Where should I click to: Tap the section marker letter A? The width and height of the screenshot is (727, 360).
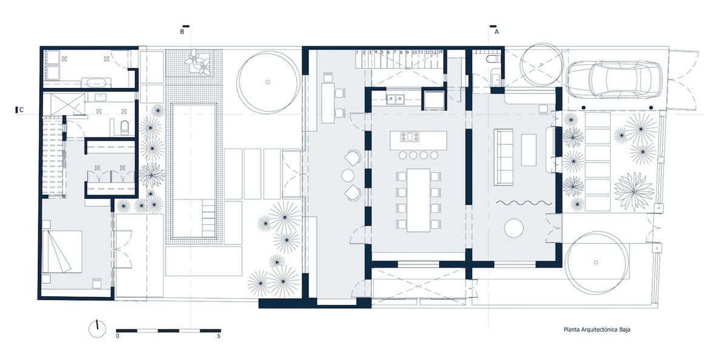[x=497, y=32]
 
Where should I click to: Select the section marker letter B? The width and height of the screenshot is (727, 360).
[x=181, y=32]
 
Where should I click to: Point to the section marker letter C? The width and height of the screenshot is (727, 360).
[x=22, y=110]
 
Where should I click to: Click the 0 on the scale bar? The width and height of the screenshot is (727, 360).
[x=118, y=336]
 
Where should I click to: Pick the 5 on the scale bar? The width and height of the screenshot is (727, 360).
[x=219, y=336]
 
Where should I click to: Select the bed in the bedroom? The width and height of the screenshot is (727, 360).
[x=61, y=252]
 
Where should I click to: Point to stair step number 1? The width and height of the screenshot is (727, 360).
[x=358, y=53]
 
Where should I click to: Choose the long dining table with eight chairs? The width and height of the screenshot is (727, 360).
[x=418, y=200]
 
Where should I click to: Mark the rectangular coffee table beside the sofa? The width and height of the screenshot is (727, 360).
[x=529, y=149]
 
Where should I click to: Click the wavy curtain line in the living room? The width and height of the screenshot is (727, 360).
[x=525, y=204]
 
